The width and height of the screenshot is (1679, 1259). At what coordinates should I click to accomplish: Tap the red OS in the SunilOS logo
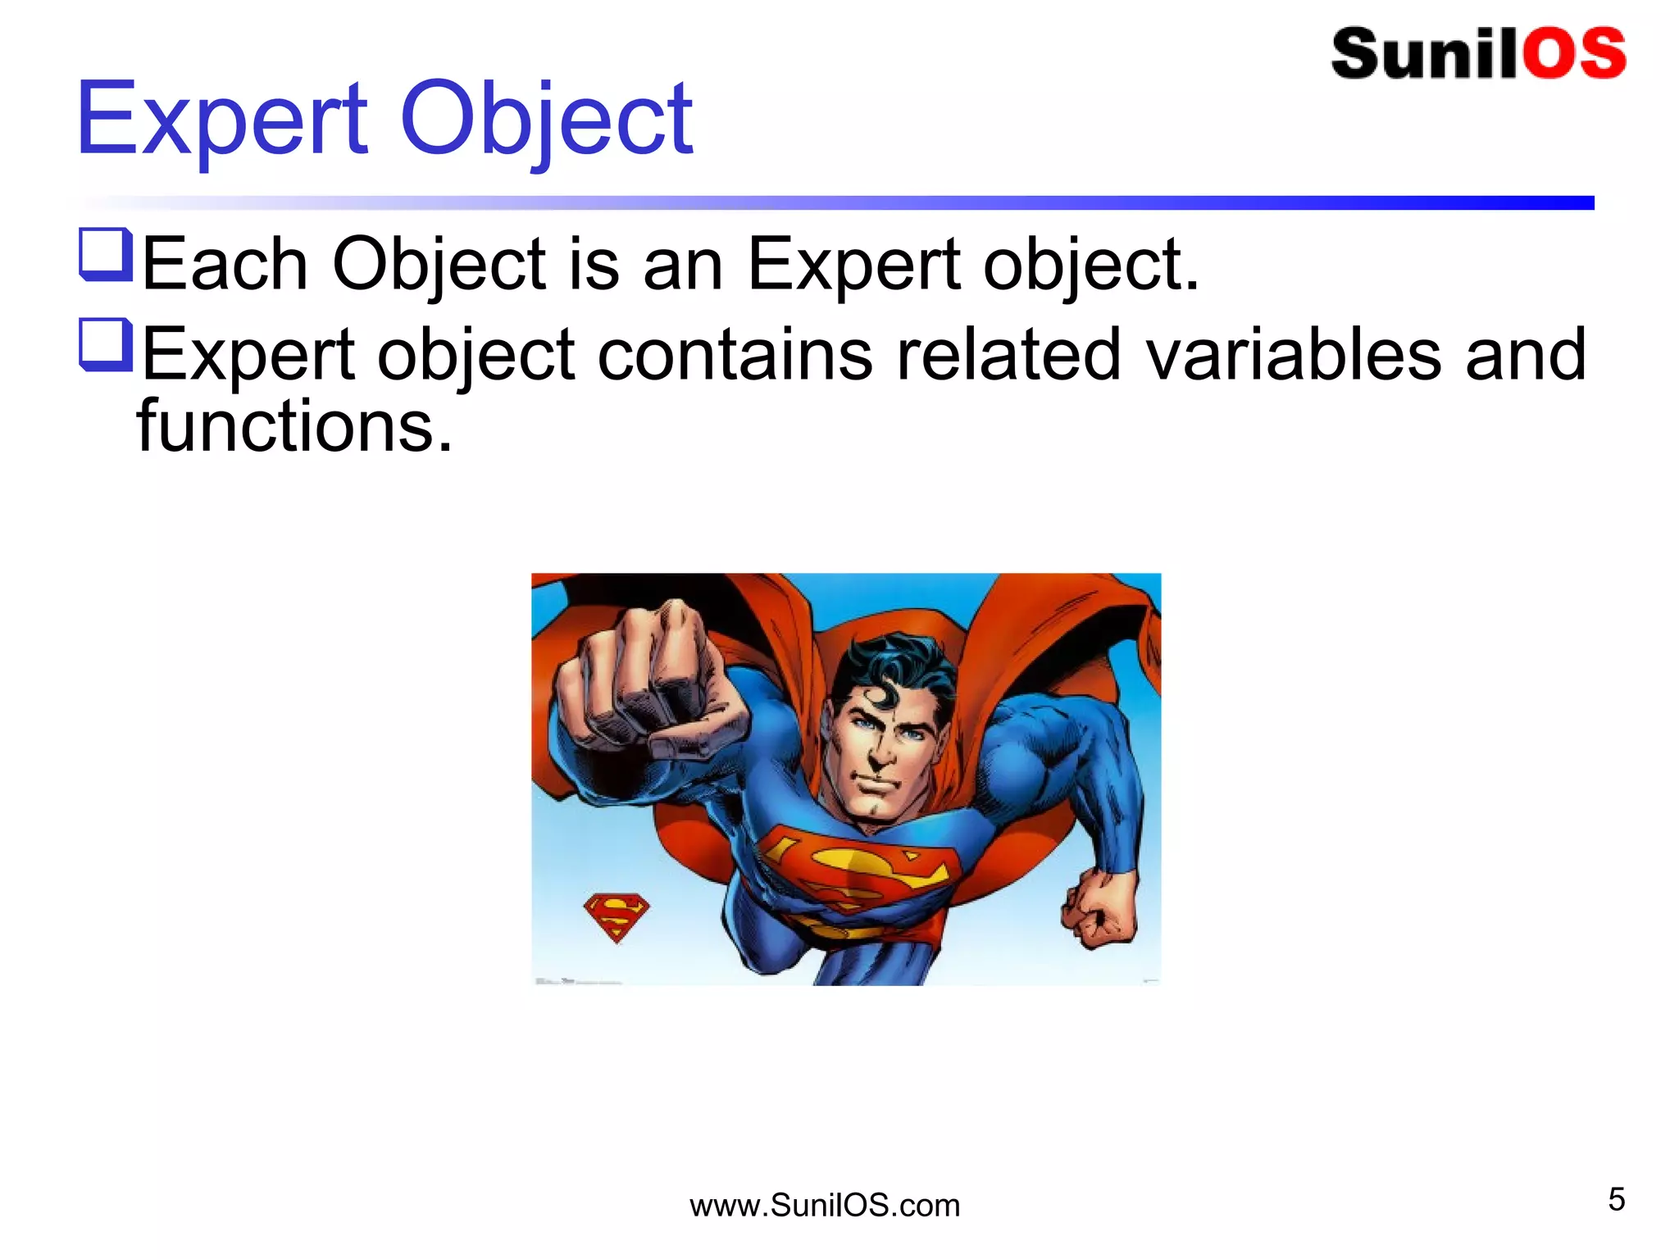tap(1574, 54)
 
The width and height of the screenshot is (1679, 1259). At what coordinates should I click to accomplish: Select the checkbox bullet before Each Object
tap(106, 254)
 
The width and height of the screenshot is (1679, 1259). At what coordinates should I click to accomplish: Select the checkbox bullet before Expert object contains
tap(106, 344)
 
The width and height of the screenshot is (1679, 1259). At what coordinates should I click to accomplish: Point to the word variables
tap(1293, 354)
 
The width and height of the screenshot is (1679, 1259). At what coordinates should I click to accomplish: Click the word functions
tap(293, 426)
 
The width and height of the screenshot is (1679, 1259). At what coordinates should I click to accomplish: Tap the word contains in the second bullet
tap(735, 354)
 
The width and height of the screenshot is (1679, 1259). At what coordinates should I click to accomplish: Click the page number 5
tap(1616, 1199)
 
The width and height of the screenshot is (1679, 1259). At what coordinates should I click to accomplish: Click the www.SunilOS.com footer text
tap(824, 1206)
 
